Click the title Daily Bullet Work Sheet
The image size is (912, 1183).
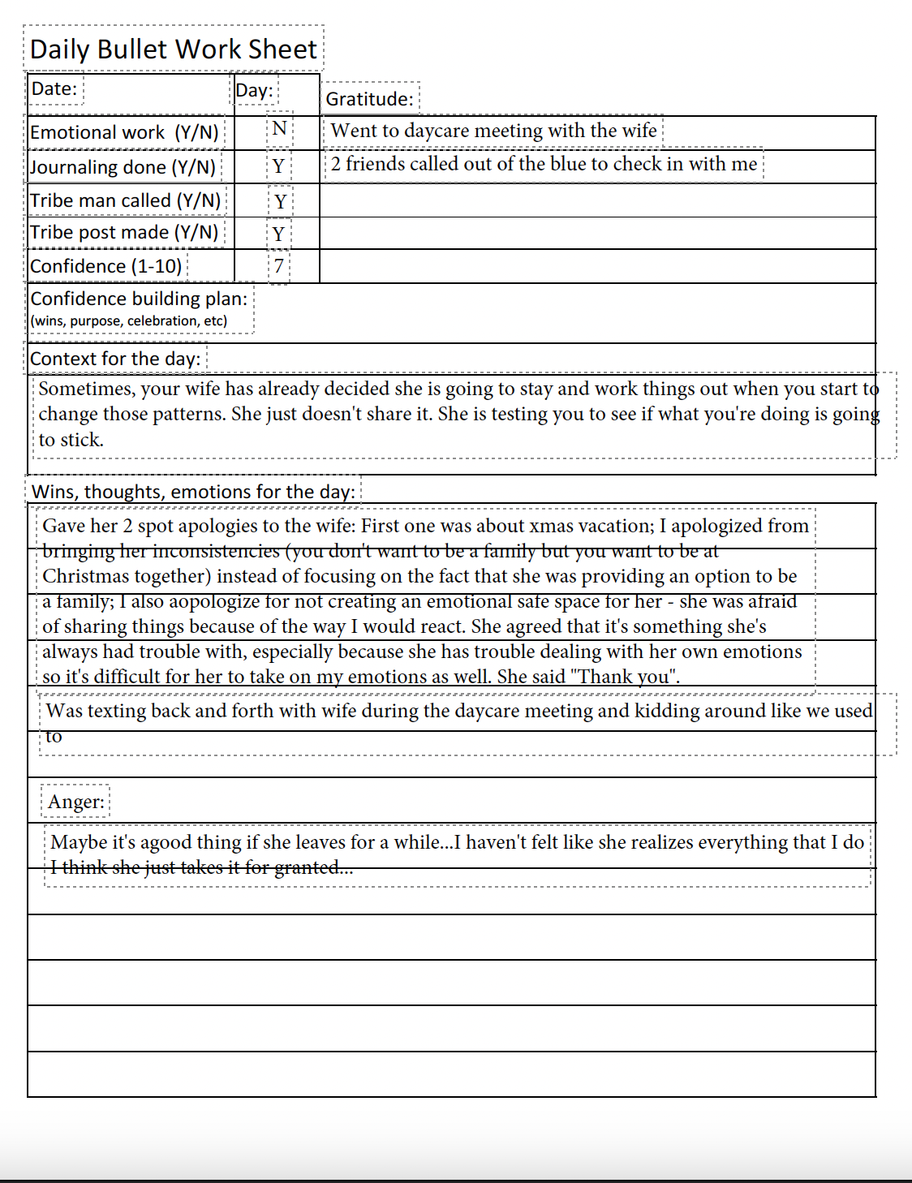(x=173, y=49)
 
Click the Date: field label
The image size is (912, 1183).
(x=54, y=88)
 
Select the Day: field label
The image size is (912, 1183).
(x=254, y=90)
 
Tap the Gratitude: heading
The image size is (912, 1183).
(x=369, y=99)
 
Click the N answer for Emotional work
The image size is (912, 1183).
(x=279, y=128)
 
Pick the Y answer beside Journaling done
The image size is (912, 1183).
(x=278, y=166)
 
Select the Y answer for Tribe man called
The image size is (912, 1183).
(x=280, y=201)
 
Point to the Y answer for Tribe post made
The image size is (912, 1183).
(x=278, y=234)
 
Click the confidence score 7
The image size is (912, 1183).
(x=278, y=266)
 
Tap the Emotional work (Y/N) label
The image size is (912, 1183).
(x=124, y=132)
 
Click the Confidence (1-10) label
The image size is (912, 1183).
(x=105, y=266)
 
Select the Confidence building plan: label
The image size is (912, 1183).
(x=139, y=299)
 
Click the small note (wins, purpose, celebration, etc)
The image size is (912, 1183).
(x=128, y=320)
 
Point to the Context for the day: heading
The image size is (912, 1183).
(x=114, y=359)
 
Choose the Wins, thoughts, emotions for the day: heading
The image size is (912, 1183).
(x=193, y=492)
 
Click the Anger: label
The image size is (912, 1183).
(x=75, y=802)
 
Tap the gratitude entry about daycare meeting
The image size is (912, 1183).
(x=493, y=131)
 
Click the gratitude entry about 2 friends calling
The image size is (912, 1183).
(x=544, y=164)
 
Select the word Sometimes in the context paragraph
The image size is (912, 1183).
(x=85, y=389)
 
